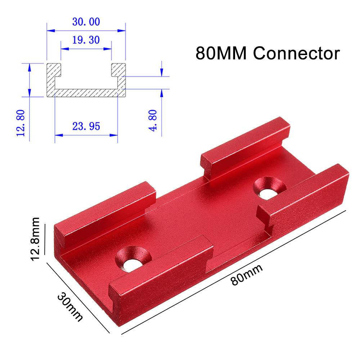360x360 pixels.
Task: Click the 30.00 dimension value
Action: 86,22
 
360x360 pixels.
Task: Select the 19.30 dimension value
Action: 86,40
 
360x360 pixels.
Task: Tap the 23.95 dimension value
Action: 86,126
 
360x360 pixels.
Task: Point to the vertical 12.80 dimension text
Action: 21,123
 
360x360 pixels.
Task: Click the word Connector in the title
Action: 296,53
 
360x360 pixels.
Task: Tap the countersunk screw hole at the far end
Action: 269,188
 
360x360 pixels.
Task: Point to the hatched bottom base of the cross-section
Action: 86,93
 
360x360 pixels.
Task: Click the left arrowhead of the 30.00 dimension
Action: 50,31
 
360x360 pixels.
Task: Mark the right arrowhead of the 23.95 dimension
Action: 115,135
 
